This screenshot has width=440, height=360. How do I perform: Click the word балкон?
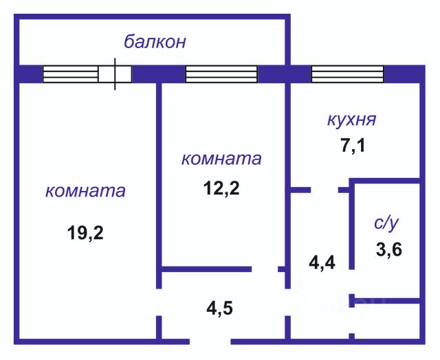pyautogui.click(x=155, y=42)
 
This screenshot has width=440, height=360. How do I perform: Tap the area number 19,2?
pyautogui.click(x=85, y=233)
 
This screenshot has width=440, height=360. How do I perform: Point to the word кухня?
pyautogui.click(x=351, y=120)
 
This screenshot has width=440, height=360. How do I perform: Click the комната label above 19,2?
pyautogui.click(x=85, y=190)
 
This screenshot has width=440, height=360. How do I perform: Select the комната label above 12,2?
pyautogui.click(x=221, y=159)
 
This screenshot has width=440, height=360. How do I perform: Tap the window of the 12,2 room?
pyautogui.click(x=221, y=74)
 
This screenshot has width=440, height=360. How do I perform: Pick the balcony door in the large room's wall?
pyautogui.click(x=115, y=74)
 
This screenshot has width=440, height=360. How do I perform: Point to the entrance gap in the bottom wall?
pyautogui.click(x=210, y=340)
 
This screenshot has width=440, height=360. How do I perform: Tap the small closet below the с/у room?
pyautogui.click(x=387, y=320)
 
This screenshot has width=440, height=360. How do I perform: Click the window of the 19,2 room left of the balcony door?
pyautogui.click(x=70, y=74)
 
